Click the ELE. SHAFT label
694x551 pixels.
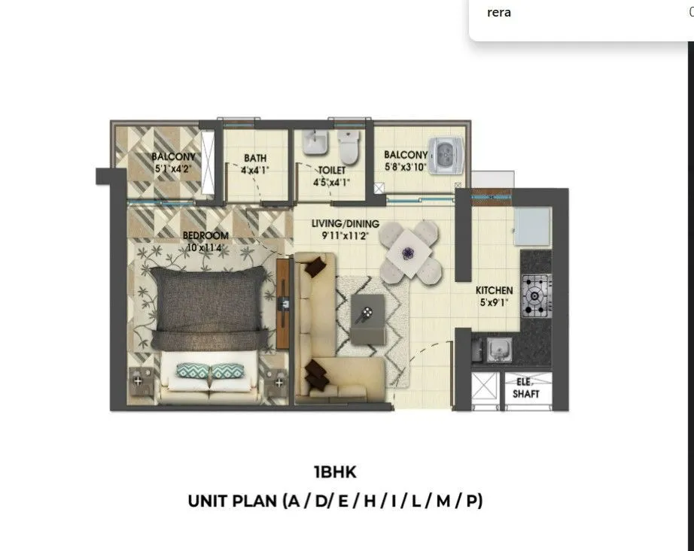tap(526, 388)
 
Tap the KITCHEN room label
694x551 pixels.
tap(494, 290)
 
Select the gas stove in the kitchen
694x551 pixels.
tap(536, 295)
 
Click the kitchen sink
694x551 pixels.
tap(497, 349)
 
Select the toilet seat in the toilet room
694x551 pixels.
tap(348, 147)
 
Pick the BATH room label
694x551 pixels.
tap(254, 159)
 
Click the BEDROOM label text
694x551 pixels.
tap(205, 235)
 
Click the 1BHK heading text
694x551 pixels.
tap(335, 473)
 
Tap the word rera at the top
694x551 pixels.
tap(499, 12)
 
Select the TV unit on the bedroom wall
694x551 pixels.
tap(283, 303)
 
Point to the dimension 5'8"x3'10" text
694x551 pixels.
tap(405, 168)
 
